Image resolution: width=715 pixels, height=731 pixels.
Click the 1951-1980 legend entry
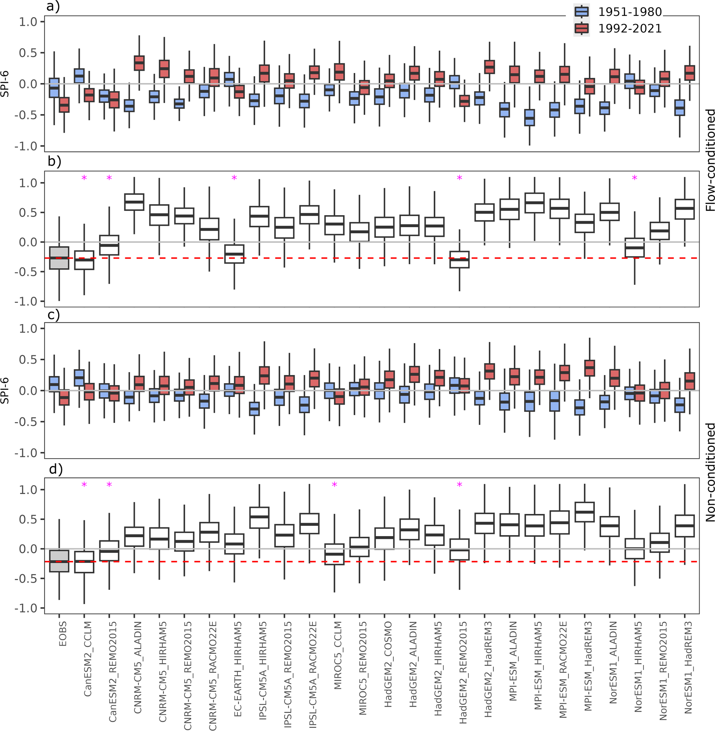(629, 12)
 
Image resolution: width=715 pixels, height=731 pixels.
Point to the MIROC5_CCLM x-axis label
(338, 655)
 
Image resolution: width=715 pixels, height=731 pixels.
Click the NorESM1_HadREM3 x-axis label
(688, 667)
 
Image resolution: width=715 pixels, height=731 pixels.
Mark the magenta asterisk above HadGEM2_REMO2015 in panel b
(459, 178)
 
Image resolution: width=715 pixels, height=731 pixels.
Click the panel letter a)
(53, 7)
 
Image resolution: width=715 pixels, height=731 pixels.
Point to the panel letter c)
(53, 315)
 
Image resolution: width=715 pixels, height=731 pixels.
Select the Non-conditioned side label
(710, 472)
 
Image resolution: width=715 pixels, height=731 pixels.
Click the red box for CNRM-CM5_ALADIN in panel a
(139, 63)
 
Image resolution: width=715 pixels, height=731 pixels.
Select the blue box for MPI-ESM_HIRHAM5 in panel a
(530, 118)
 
